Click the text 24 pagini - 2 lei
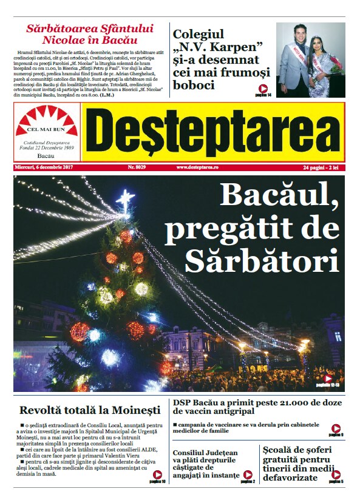tap(322, 167)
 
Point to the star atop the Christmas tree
tap(125, 198)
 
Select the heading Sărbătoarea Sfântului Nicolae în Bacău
tap(89, 34)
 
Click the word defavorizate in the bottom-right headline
tap(290, 478)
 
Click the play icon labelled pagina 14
tap(262, 89)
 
